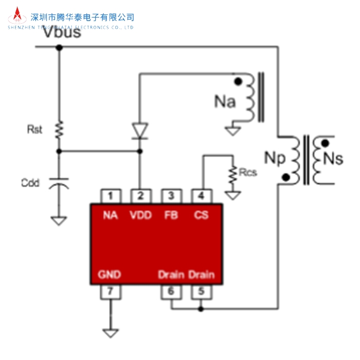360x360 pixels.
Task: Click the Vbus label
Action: (62, 33)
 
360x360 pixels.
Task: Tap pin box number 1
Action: (111, 195)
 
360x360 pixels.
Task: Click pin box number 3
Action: (170, 195)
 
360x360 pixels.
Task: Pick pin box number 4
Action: (201, 195)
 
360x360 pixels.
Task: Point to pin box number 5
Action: (201, 292)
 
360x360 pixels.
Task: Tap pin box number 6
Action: (171, 292)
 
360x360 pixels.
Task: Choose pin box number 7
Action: (111, 292)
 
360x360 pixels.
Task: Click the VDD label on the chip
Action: (140, 215)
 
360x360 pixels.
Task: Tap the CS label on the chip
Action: (201, 215)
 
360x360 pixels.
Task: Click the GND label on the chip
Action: (110, 275)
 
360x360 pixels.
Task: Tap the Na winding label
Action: (225, 102)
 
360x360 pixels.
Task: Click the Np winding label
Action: (274, 158)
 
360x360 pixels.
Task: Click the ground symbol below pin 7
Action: (111, 332)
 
